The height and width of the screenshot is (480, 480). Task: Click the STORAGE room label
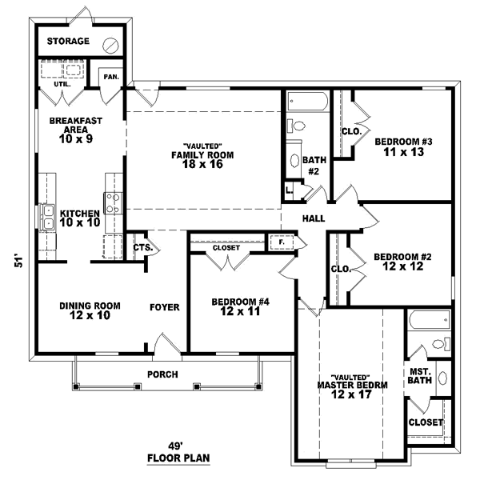(68, 41)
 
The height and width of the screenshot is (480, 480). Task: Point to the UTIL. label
(62, 83)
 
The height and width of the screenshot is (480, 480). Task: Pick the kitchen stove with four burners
(113, 204)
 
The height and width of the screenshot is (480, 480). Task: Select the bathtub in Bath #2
(306, 103)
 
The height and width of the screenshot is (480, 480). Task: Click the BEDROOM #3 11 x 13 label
(403, 147)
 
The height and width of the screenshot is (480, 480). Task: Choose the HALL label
(313, 218)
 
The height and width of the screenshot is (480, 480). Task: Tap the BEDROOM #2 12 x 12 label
(403, 262)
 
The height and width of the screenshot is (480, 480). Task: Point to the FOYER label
(165, 307)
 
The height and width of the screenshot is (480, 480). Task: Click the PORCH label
(162, 374)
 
